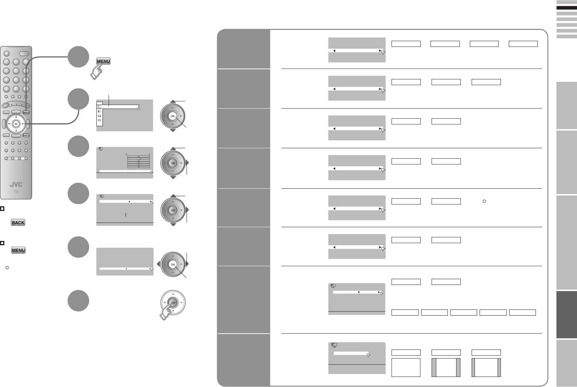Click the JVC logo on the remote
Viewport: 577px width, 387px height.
click(x=16, y=185)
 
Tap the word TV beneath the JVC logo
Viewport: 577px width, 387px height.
click(x=16, y=192)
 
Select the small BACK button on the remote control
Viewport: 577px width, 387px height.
click(x=26, y=135)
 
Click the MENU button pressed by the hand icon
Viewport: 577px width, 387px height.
click(x=103, y=61)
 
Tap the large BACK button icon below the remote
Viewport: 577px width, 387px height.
click(x=18, y=223)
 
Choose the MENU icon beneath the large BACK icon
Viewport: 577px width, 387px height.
click(x=18, y=250)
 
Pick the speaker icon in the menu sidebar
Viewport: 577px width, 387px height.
click(x=99, y=111)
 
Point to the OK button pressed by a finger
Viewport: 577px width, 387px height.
click(x=173, y=303)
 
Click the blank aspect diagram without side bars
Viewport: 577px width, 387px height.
click(x=406, y=368)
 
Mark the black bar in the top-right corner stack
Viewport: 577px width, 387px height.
click(x=567, y=8)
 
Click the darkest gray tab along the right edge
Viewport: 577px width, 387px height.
click(x=567, y=315)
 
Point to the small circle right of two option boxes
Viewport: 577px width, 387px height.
click(x=484, y=201)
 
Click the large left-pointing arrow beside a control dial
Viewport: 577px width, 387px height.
click(x=158, y=264)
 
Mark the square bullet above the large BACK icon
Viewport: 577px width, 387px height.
click(x=2, y=209)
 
